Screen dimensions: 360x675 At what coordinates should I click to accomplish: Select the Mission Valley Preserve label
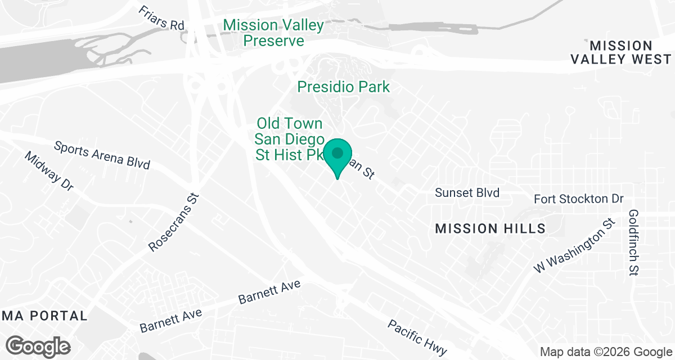tap(274, 33)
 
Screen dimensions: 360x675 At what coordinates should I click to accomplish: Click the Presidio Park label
tap(343, 87)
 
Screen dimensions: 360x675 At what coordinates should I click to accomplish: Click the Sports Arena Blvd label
tap(102, 155)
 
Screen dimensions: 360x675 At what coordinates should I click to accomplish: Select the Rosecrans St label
tap(174, 223)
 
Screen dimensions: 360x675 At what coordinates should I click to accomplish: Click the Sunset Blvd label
tap(467, 193)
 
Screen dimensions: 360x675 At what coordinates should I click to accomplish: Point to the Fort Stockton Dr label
tap(579, 199)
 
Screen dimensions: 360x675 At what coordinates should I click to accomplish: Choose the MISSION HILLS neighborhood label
tap(490, 228)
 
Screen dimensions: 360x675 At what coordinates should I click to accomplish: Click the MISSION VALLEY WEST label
tap(621, 52)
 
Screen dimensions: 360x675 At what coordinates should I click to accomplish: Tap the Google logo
tap(39, 345)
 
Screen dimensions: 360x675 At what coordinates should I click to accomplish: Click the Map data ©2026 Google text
tap(605, 352)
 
